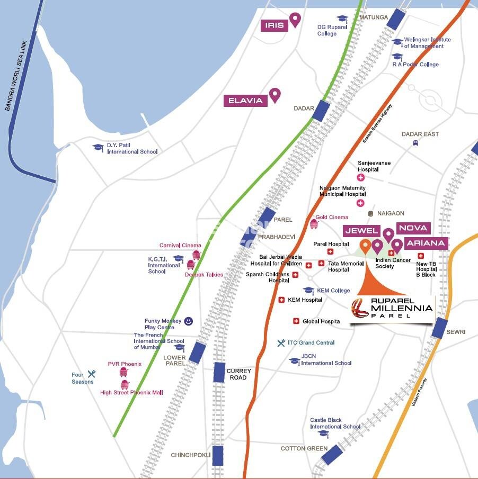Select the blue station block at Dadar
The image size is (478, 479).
321,111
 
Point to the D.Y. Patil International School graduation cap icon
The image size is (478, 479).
98,148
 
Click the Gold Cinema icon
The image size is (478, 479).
314,224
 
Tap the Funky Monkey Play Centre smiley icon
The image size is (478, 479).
188,321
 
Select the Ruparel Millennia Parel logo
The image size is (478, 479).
393,308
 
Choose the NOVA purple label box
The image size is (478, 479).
413,228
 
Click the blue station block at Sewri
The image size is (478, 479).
439,328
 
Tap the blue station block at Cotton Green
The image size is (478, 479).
331,455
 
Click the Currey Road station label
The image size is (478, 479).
238,374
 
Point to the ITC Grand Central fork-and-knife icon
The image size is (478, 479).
281,343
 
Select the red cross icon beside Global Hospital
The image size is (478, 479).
296,321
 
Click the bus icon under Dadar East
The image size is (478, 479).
416,143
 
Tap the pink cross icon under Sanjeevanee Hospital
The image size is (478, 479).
361,178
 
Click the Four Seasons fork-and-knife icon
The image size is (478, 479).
92,374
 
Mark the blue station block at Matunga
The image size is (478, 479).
395,20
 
